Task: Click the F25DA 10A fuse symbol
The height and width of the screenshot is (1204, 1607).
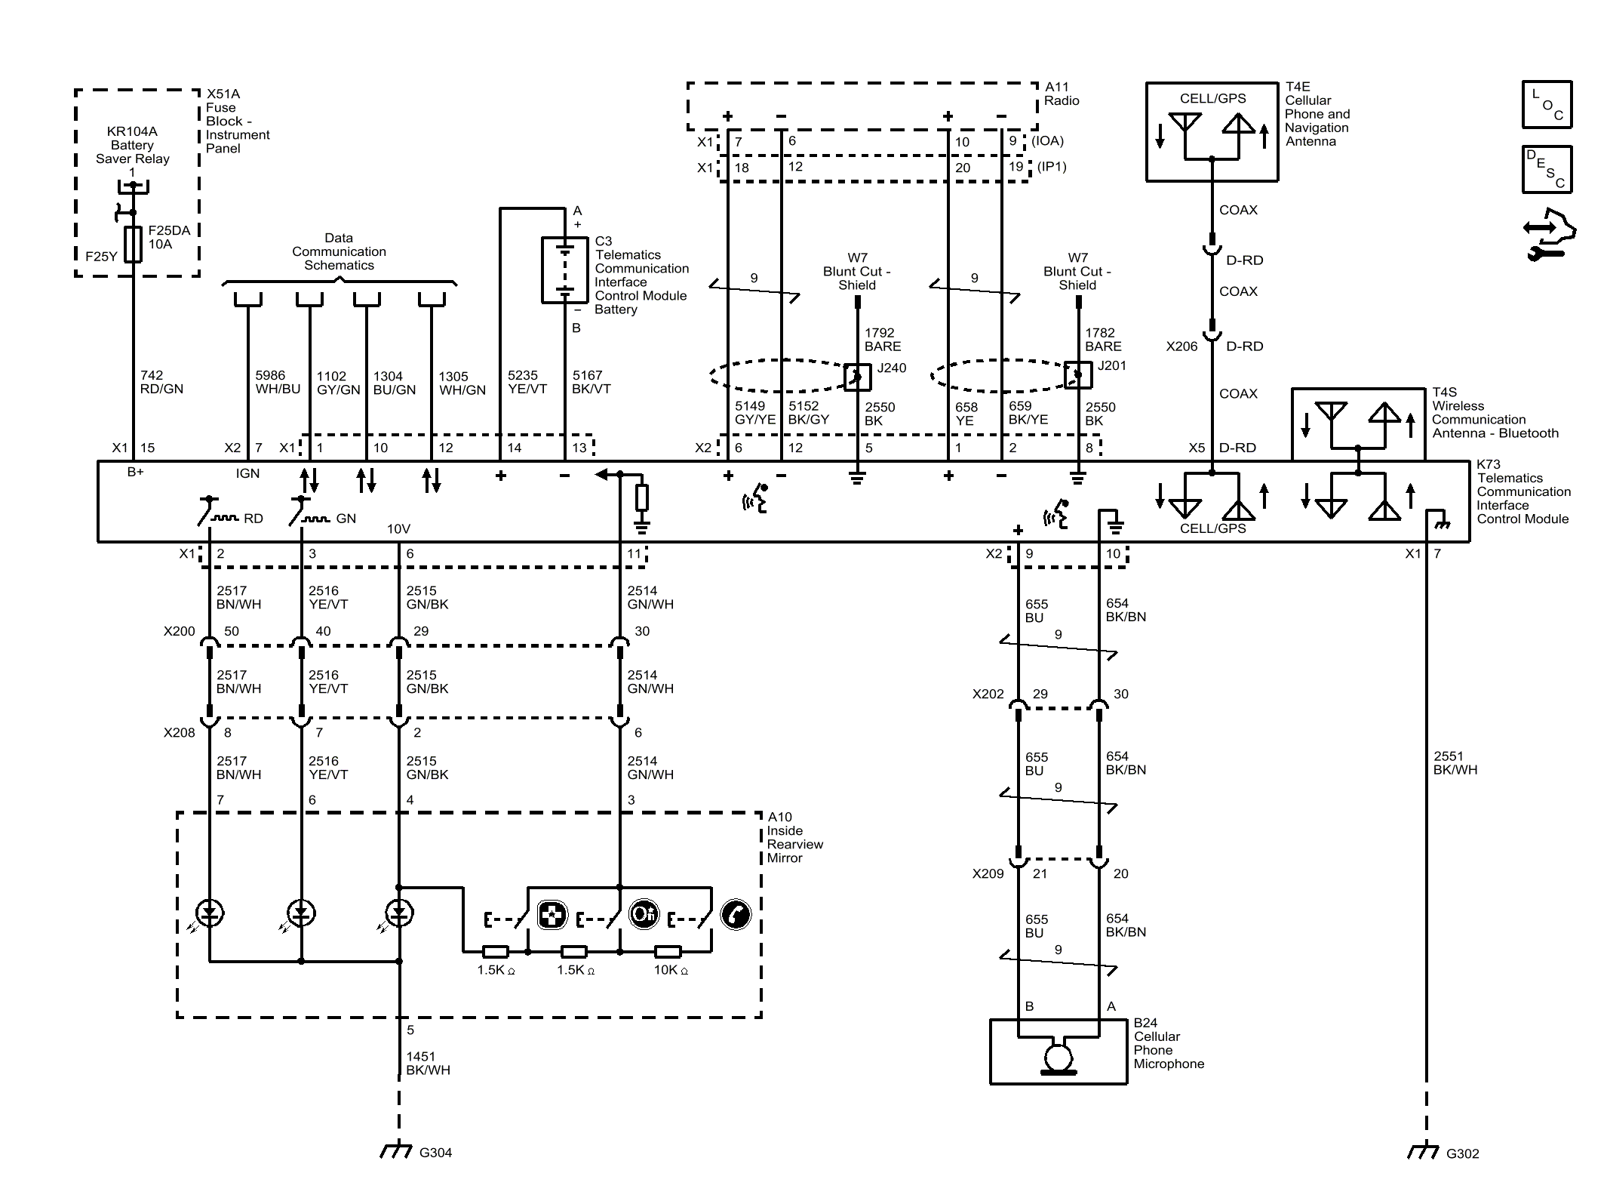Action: point(134,244)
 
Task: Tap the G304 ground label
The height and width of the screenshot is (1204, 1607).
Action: point(435,1153)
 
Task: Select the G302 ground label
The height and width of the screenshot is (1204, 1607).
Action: point(1461,1153)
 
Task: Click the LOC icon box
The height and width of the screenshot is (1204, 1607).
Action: point(1547,104)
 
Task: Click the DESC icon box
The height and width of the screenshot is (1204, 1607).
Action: point(1547,169)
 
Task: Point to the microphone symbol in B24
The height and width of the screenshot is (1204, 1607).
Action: point(1058,1055)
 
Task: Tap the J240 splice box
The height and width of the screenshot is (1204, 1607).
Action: point(857,376)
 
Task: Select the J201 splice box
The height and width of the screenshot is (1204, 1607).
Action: point(1077,374)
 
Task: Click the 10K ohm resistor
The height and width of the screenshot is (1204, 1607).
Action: point(668,951)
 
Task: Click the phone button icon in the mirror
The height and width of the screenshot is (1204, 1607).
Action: point(736,915)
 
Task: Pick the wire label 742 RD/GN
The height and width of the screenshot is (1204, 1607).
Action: point(161,382)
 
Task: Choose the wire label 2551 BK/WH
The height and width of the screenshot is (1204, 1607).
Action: point(1455,762)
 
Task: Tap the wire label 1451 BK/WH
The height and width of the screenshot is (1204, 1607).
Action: point(428,1063)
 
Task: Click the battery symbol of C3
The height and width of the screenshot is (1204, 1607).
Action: point(564,270)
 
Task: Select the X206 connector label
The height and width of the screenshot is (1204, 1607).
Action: point(1181,346)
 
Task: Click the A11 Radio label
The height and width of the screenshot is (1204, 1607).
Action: point(1061,94)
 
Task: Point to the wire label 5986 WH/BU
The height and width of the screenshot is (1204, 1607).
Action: point(277,382)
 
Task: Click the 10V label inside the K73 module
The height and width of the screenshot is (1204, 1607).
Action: point(398,528)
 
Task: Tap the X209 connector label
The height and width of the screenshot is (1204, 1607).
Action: point(988,873)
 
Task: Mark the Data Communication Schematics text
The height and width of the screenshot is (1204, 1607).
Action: point(339,251)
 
